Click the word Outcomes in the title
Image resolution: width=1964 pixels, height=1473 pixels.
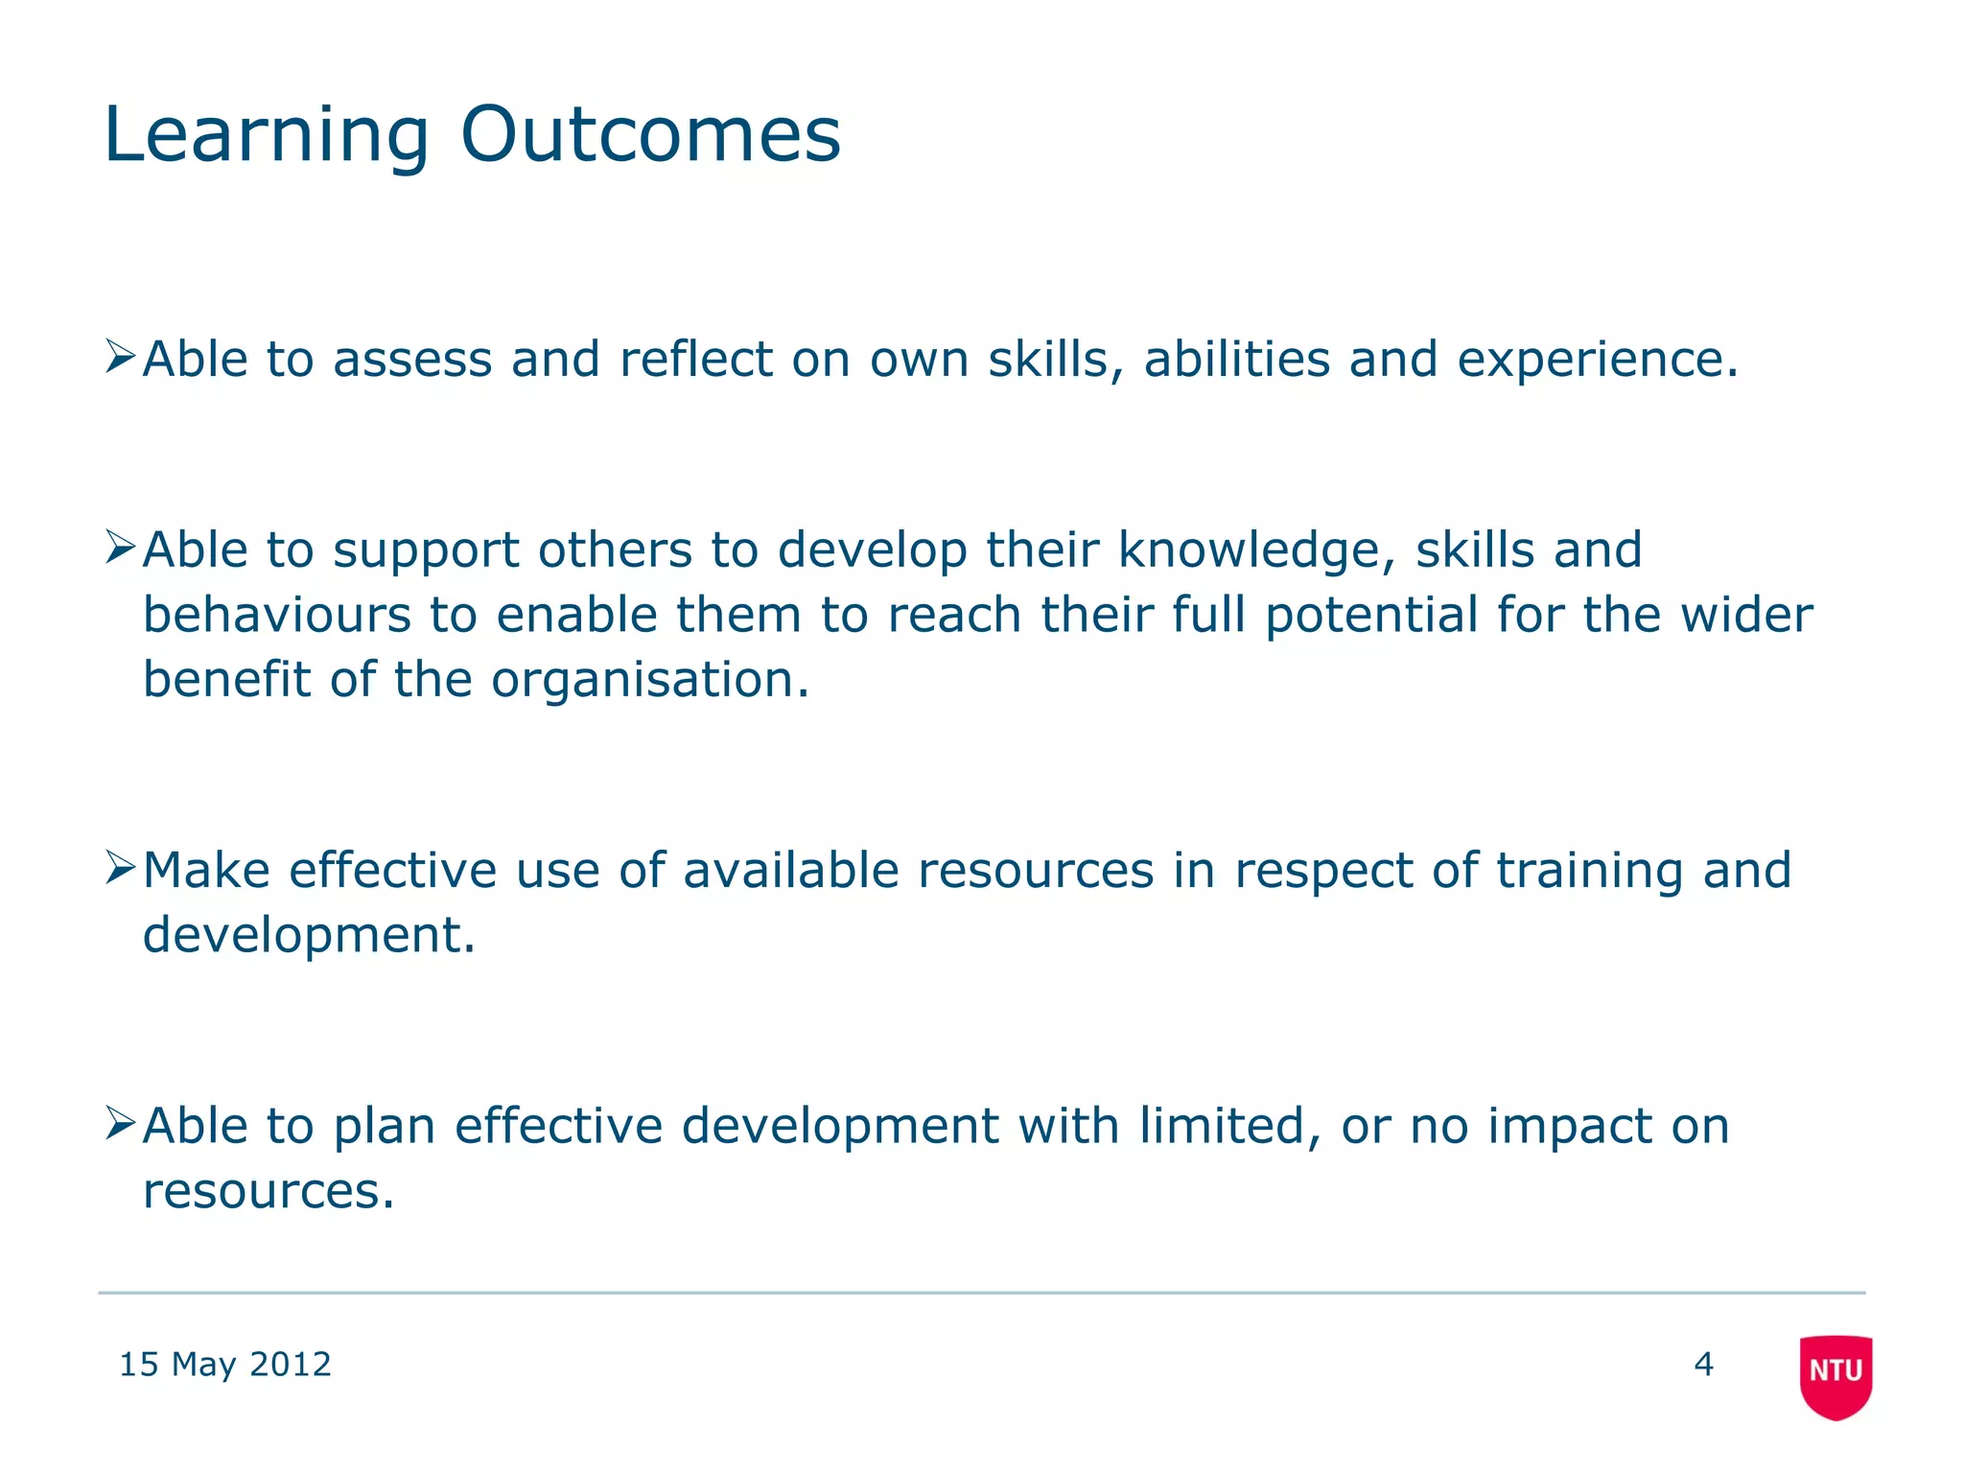(x=650, y=134)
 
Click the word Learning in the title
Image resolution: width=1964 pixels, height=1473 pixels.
(x=267, y=136)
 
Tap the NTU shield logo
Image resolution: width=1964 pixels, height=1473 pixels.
(x=1835, y=1376)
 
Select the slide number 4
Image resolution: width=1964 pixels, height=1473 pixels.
(x=1703, y=1364)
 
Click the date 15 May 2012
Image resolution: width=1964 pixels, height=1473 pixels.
(x=224, y=1364)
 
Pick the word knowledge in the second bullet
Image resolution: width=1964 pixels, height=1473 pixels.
(x=1251, y=551)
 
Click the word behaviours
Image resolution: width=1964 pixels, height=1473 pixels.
(x=276, y=615)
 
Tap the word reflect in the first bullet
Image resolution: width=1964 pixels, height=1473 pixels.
(x=695, y=360)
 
